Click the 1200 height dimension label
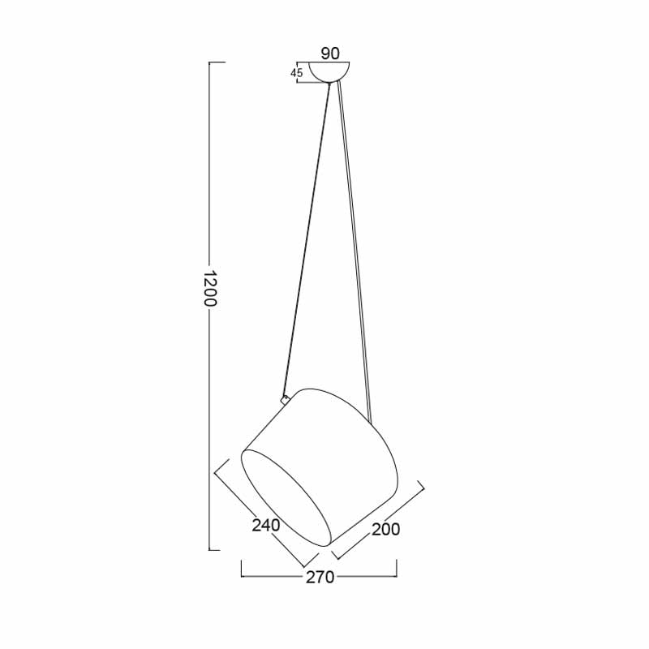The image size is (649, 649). tap(211, 289)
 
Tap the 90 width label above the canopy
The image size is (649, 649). tap(330, 54)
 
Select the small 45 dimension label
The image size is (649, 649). tap(296, 73)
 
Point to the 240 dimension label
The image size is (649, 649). tap(266, 525)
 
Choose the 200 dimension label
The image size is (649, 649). tap(386, 529)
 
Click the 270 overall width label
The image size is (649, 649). tap(320, 577)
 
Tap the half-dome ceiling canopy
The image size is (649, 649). tap(329, 72)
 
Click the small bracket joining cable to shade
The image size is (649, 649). tap(285, 399)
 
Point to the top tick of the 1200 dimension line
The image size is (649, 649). tap(217, 62)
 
